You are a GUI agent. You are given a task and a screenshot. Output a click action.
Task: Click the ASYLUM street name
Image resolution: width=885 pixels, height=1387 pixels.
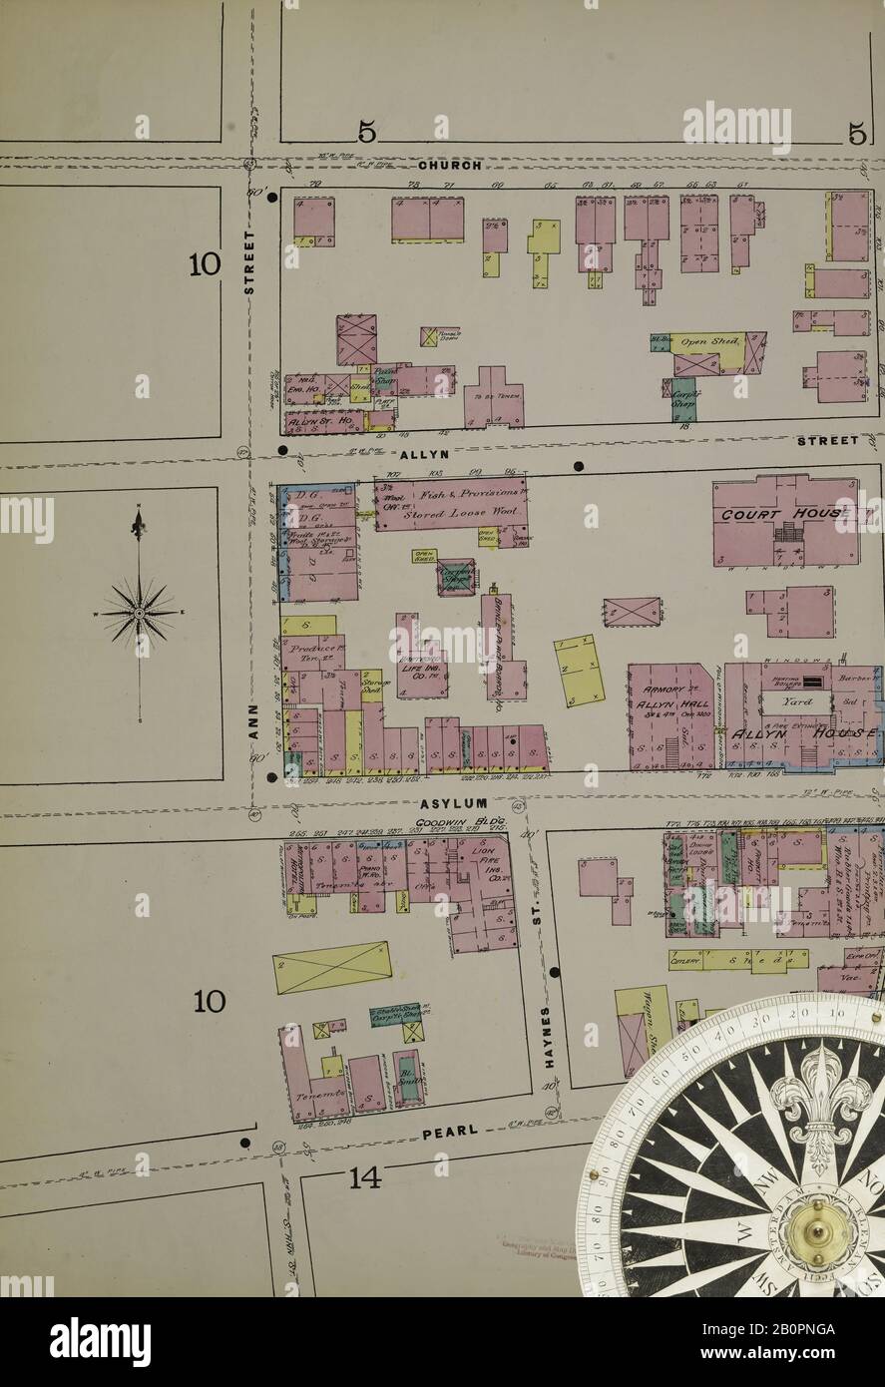coord(453,802)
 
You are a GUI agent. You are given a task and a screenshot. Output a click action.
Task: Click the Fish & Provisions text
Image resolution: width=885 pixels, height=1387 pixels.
coord(447,491)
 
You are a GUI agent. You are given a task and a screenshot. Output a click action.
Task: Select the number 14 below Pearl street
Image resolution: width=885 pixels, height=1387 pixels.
coord(365,1179)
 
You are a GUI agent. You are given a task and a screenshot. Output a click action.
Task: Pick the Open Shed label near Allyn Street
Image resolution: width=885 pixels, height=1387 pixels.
coord(706,342)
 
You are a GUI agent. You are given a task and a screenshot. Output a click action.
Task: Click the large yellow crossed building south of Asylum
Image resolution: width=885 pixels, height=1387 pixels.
coord(331,966)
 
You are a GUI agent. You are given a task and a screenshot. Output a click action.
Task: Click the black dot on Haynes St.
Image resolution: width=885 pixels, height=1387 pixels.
coord(555,972)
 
